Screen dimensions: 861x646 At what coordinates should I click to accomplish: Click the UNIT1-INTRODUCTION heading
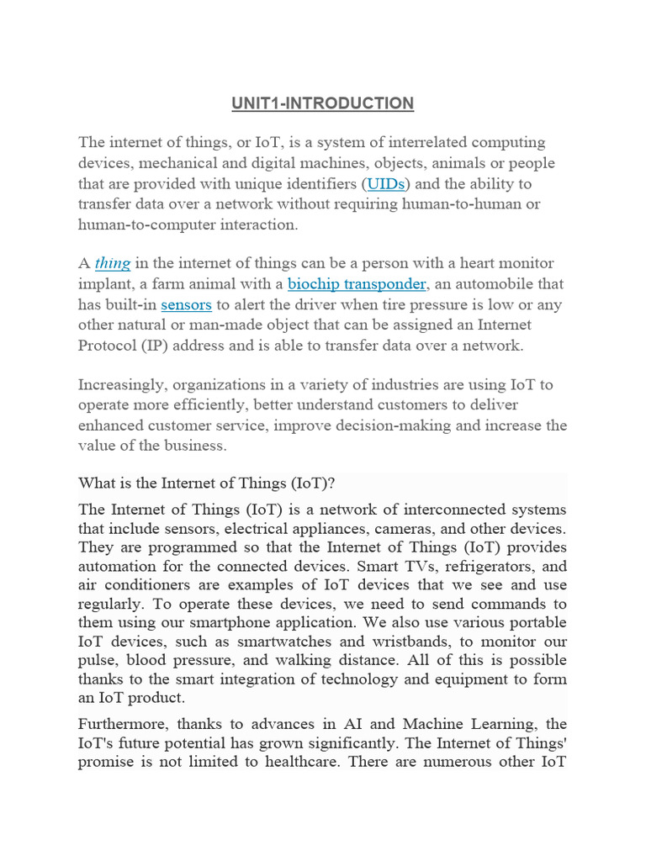323,103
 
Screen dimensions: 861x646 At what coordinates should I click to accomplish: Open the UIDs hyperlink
385,183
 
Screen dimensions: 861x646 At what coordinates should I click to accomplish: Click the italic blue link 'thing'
112,264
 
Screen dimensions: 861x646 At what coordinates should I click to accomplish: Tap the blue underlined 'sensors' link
185,304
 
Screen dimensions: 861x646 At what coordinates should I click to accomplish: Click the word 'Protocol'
108,345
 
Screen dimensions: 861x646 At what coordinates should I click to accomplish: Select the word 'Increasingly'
122,385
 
